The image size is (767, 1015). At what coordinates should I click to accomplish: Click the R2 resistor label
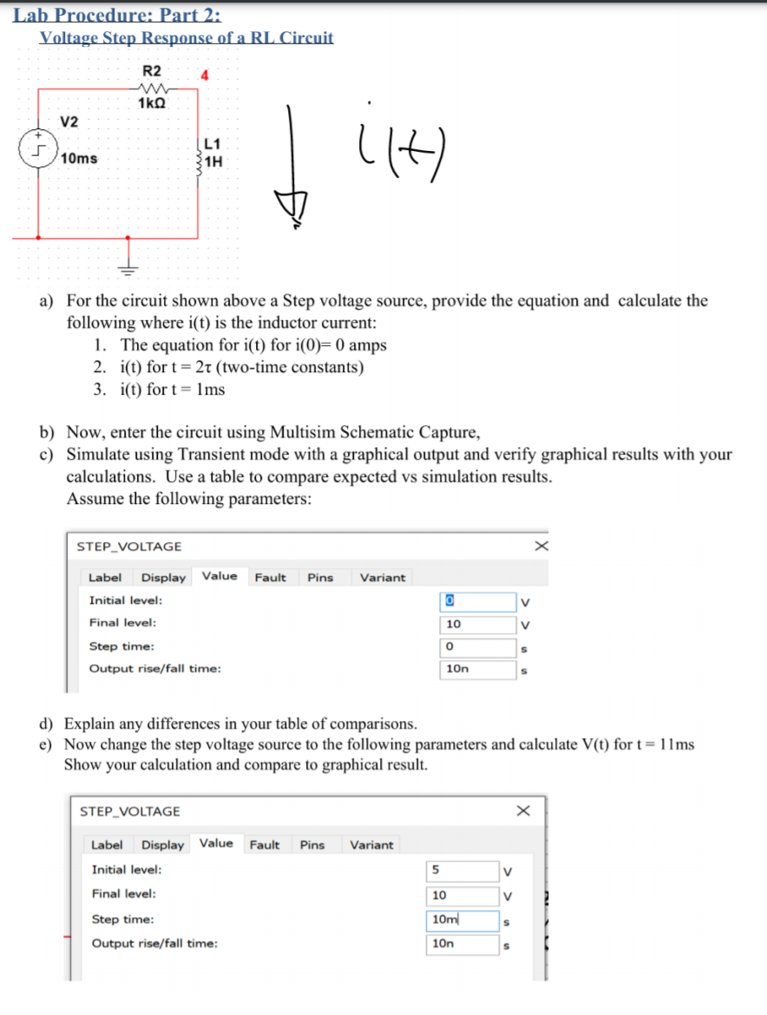coord(152,70)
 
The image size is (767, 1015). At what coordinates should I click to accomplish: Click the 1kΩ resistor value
coord(152,102)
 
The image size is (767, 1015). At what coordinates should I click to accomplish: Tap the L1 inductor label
coord(213,144)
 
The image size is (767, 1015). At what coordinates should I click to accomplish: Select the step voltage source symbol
coord(35,149)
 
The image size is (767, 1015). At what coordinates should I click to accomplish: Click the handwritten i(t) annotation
coord(389,155)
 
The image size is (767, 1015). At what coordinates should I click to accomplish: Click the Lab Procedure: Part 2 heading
coord(117,15)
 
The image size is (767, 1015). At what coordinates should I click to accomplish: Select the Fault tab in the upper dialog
coord(271,577)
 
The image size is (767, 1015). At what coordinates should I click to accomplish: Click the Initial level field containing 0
coord(478,600)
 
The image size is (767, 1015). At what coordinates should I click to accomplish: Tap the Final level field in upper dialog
coord(478,624)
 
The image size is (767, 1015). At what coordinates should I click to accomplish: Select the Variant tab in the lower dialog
coord(371,844)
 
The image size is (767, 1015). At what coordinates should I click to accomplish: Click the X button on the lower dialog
coord(522,810)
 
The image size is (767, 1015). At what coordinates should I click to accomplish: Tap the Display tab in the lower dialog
coord(162,844)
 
